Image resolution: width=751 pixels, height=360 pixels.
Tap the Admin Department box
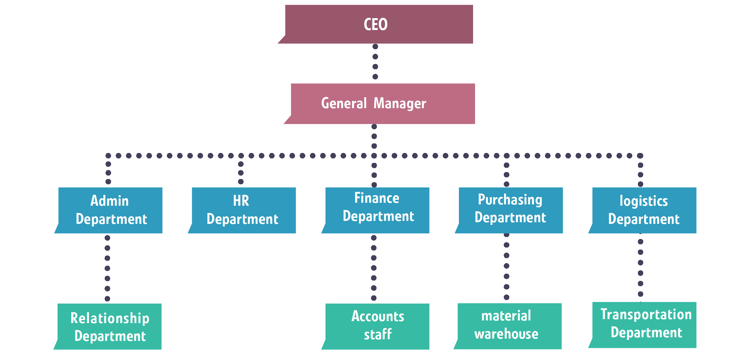pos(110,210)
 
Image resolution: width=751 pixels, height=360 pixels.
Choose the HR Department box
pos(244,210)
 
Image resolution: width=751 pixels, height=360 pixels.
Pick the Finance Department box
pos(377,210)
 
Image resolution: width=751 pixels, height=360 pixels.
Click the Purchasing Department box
pos(511,210)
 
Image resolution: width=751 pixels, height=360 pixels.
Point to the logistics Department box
pos(644,210)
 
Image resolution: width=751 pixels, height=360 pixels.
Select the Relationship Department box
pos(109,326)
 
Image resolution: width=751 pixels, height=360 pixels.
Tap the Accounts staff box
pos(377,326)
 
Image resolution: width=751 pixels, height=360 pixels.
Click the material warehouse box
pos(509,326)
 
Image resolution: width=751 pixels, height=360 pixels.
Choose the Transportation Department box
pos(644,324)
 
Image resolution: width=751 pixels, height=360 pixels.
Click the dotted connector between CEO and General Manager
pos(375,62)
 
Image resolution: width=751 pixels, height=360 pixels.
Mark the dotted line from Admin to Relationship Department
pos(107,268)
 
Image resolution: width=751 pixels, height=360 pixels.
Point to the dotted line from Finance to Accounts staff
pos(374,268)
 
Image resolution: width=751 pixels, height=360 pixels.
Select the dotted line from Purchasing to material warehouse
pos(507,266)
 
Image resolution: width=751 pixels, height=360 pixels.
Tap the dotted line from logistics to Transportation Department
pos(641,268)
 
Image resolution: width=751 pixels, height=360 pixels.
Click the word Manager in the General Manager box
pos(400,104)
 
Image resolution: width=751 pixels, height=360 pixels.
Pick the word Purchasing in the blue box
pos(510,200)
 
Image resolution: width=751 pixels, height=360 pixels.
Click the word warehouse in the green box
pos(506,334)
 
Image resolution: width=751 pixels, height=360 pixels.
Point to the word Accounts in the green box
pos(378,316)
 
